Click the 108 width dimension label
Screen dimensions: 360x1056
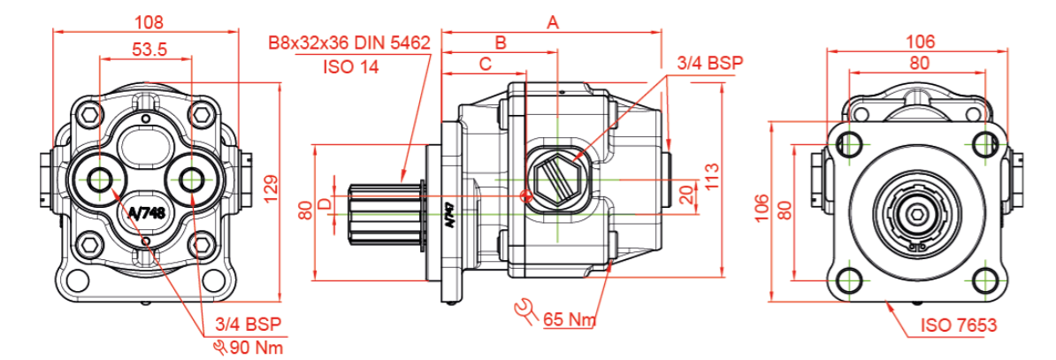point(147,19)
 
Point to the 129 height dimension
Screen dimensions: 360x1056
point(272,185)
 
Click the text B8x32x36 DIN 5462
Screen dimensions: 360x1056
point(348,42)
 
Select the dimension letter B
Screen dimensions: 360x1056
point(500,42)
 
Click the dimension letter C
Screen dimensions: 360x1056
point(485,64)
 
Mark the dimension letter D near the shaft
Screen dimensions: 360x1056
point(325,204)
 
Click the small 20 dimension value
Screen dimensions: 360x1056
point(685,195)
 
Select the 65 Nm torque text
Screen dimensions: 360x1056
point(570,318)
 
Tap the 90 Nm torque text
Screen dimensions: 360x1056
point(254,347)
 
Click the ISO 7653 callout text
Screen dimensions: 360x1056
point(960,326)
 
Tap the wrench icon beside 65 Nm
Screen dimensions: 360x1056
point(526,310)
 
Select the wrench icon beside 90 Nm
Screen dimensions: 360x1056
point(219,346)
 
